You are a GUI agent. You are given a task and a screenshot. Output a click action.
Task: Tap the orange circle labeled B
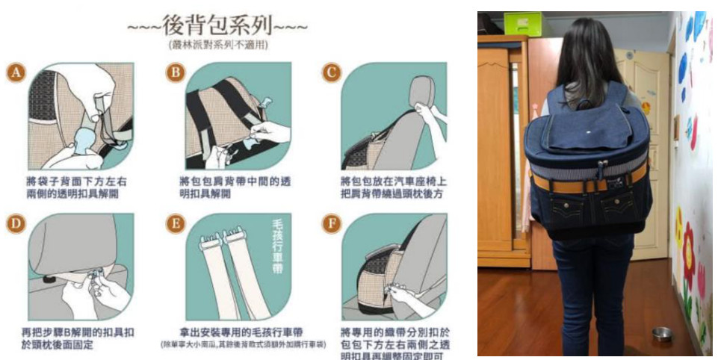coord(176,72)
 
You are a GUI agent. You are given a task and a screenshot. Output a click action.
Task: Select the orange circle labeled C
coord(329,72)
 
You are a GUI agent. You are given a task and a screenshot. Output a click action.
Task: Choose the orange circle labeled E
coord(176,223)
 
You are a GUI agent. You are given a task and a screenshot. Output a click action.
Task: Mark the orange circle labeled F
coord(329,223)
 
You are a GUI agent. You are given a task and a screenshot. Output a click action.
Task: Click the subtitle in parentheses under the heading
coord(217,46)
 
